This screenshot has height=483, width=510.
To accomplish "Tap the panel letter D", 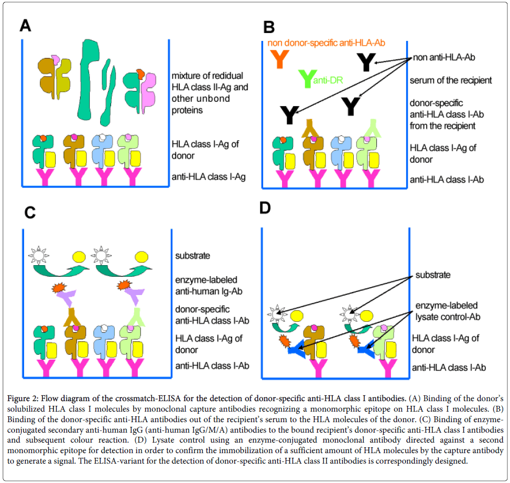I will click(x=266, y=208).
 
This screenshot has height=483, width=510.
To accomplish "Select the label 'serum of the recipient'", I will click(x=451, y=80).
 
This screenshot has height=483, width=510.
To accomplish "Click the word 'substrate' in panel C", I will click(x=192, y=256).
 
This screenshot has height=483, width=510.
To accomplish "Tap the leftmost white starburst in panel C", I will click(x=39, y=256).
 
